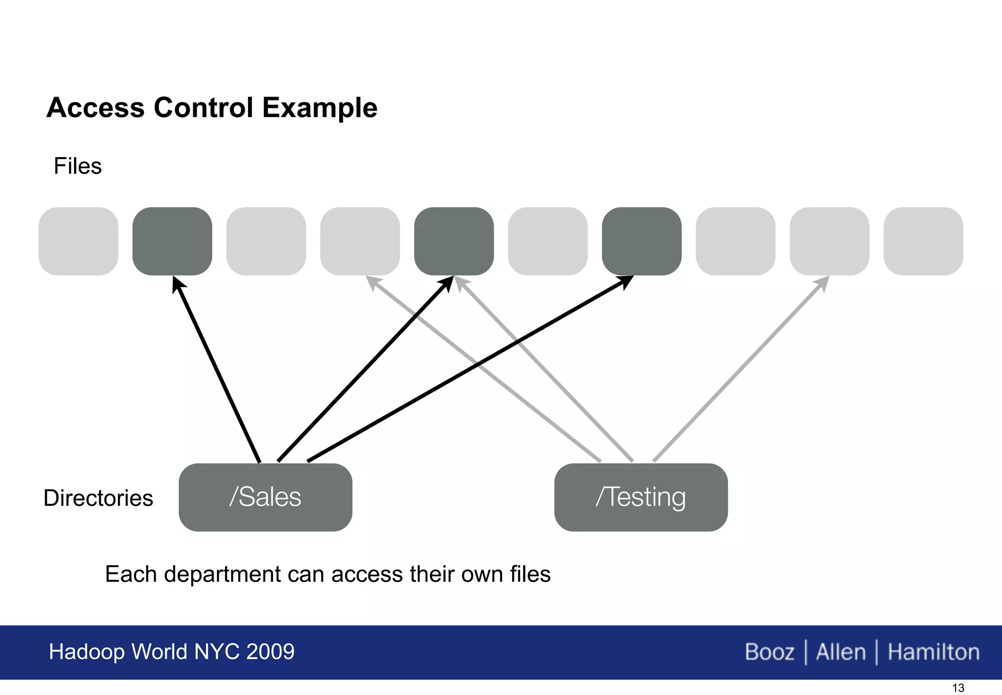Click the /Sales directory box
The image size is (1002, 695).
(x=265, y=497)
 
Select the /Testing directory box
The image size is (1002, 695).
(x=641, y=497)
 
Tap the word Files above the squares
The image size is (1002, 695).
(x=78, y=166)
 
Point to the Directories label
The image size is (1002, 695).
(x=98, y=498)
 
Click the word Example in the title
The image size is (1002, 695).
(x=319, y=108)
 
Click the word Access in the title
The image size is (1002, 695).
(x=95, y=108)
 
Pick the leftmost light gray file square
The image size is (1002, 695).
(x=78, y=241)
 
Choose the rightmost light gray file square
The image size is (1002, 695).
(x=923, y=241)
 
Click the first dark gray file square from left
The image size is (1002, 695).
(x=172, y=241)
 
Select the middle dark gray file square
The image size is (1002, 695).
(x=454, y=241)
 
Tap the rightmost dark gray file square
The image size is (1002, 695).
(x=641, y=241)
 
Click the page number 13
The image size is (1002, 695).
(x=958, y=688)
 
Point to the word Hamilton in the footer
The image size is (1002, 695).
(x=934, y=652)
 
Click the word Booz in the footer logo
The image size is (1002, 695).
(x=770, y=652)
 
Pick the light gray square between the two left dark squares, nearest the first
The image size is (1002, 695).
(x=266, y=241)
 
